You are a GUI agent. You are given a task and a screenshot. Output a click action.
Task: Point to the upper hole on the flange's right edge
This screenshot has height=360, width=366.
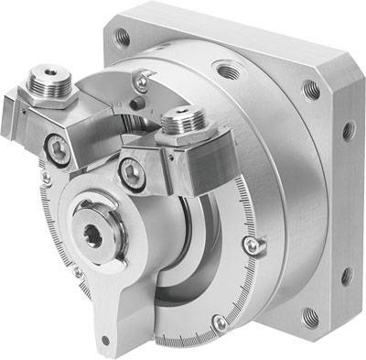pyautogui.click(x=349, y=131)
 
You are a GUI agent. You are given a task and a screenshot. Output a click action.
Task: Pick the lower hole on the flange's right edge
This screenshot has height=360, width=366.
pyautogui.click(x=345, y=274)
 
